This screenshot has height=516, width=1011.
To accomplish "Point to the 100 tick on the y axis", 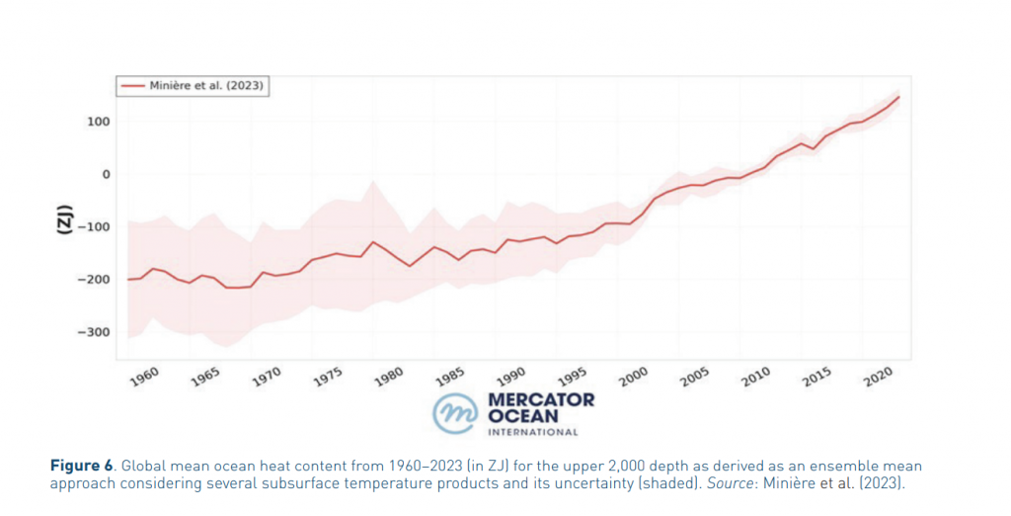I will (98, 122).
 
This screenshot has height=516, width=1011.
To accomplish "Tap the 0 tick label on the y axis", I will (106, 174).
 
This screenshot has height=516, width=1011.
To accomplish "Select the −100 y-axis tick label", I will (95, 227).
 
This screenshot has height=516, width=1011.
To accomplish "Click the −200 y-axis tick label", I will (95, 280).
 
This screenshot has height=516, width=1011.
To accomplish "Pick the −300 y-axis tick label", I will (95, 332).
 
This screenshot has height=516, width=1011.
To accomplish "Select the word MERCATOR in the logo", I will (541, 400).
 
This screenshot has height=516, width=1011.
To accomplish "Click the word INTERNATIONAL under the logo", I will (533, 432).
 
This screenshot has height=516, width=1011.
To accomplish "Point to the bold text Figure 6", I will (83, 466).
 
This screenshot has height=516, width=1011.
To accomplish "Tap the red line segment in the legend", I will (133, 87).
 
